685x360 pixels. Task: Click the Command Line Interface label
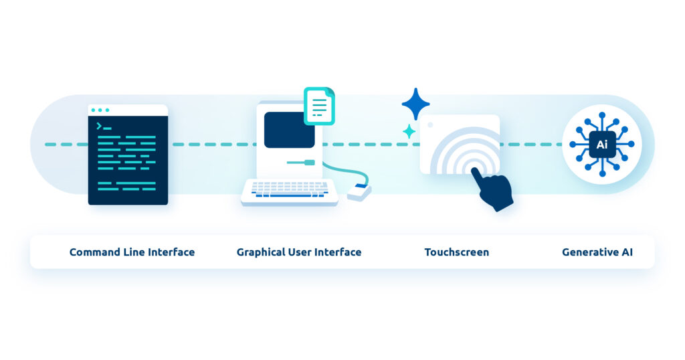pos(132,252)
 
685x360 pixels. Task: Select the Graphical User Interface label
pos(299,252)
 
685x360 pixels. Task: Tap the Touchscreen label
pos(456,252)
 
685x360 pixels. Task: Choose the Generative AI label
pos(597,252)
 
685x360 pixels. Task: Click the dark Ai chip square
pos(603,144)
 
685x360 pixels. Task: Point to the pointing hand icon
pos(492,189)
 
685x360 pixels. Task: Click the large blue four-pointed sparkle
pos(415,104)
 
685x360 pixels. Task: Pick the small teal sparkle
pos(409,131)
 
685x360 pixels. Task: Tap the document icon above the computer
pos(319,106)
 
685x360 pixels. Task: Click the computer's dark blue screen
pos(289,130)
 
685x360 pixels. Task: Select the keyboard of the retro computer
pos(290,191)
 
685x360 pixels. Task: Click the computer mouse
pos(359,192)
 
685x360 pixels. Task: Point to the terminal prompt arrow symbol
pos(99,126)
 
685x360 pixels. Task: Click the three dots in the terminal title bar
pos(100,110)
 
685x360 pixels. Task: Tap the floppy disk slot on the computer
pos(301,163)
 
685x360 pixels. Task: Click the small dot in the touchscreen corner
pos(430,125)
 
